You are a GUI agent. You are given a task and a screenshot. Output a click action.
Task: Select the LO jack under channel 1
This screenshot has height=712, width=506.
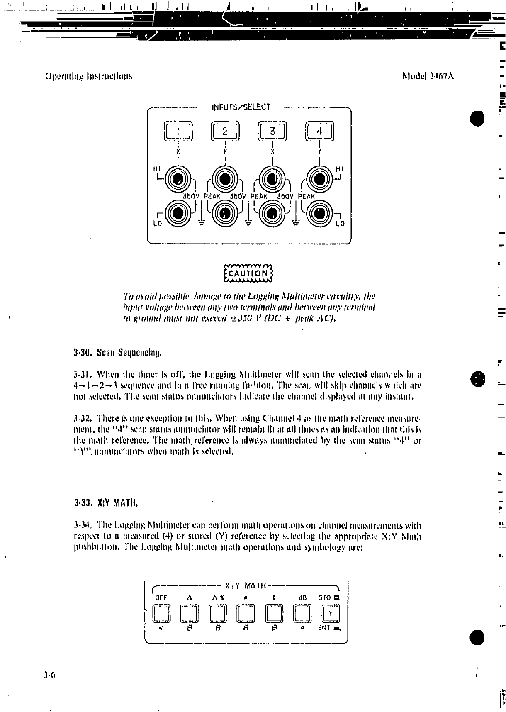[178, 213]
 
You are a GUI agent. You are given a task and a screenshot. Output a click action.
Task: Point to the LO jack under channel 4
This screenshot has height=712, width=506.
[319, 213]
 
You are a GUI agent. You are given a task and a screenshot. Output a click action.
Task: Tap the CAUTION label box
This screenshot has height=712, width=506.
[247, 273]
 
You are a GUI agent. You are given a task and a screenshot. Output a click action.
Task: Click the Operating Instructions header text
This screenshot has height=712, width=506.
[88, 76]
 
